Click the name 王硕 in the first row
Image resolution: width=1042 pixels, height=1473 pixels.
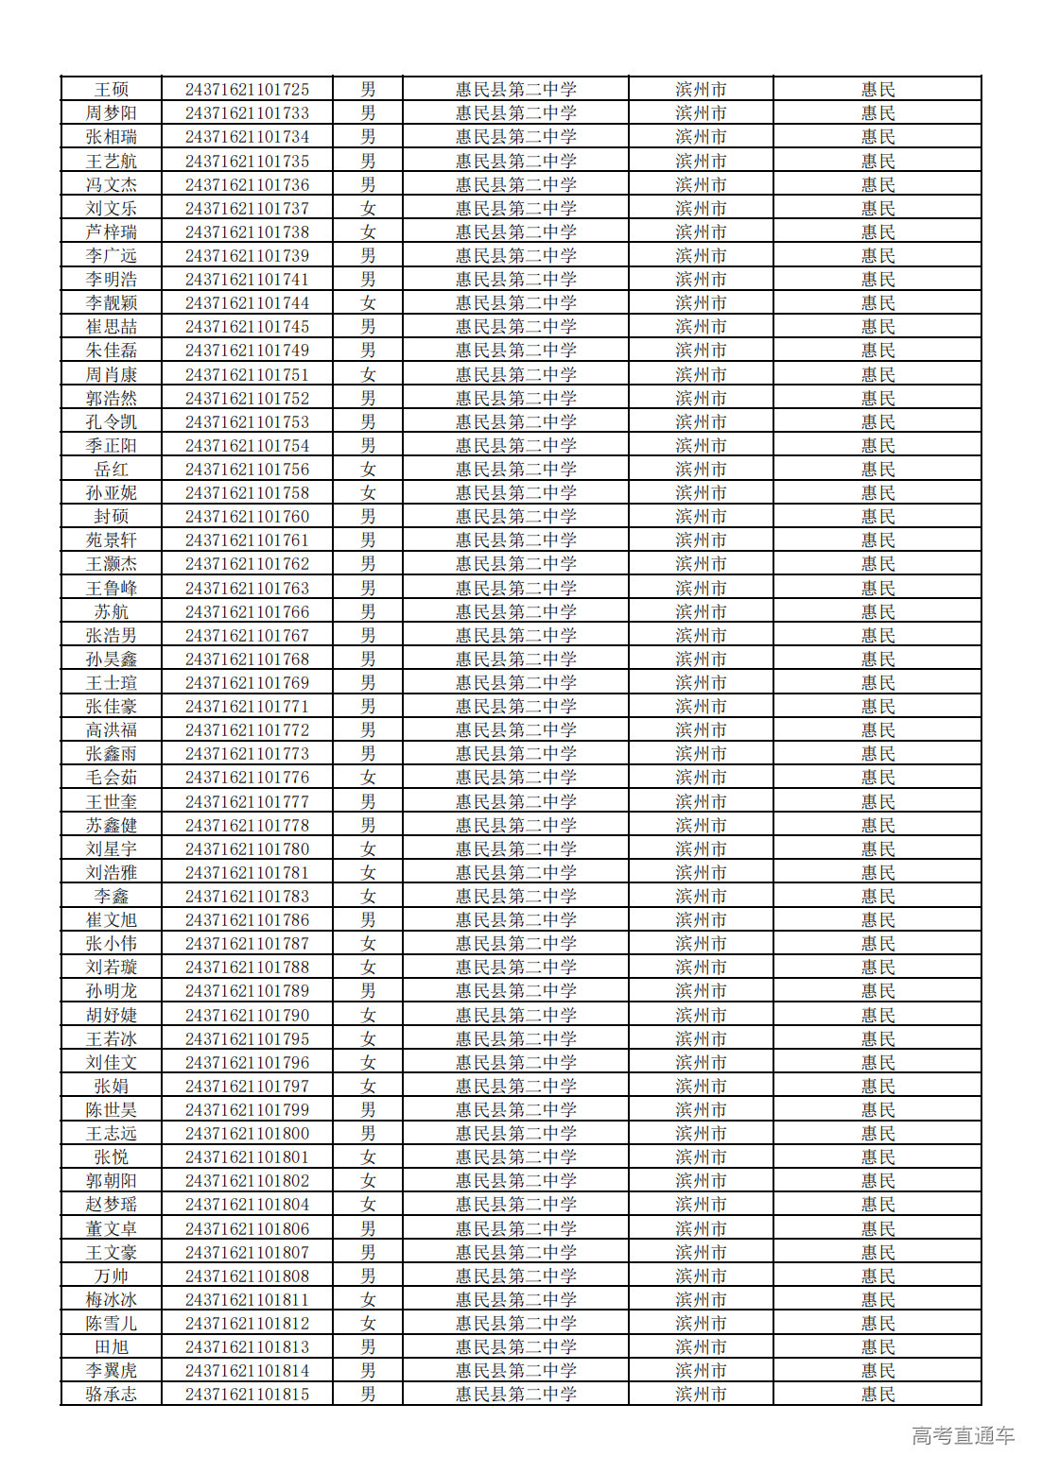(112, 90)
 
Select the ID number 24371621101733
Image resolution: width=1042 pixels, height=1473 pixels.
(247, 113)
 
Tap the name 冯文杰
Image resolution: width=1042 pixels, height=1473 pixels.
(112, 185)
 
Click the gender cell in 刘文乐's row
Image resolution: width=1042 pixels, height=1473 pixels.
(368, 209)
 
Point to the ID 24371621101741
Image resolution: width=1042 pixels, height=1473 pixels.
(247, 280)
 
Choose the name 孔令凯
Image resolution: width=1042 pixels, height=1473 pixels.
(112, 422)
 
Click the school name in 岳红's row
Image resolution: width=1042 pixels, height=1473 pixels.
(515, 470)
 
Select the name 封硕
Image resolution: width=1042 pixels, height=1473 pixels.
(112, 517)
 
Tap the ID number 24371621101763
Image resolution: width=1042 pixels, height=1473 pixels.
(247, 589)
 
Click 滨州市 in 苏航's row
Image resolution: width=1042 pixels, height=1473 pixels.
(701, 612)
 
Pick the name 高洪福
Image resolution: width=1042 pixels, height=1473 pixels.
(112, 730)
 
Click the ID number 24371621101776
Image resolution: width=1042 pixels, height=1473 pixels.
(247, 778)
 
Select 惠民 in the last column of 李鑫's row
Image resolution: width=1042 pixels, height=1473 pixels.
(877, 897)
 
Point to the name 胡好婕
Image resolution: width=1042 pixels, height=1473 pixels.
(112, 1016)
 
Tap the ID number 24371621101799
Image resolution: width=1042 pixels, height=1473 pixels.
(247, 1110)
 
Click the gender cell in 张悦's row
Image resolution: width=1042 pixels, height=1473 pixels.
(368, 1157)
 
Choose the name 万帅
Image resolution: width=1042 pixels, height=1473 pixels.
(112, 1276)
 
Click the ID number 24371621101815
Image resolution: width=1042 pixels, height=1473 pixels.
(247, 1395)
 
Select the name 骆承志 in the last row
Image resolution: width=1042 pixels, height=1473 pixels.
(112, 1395)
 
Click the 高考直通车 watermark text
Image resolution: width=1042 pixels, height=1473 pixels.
(963, 1436)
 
